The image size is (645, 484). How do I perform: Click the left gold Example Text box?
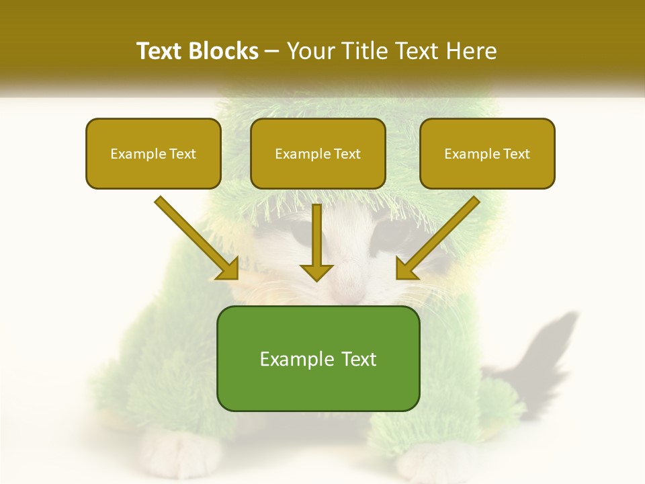point(153,153)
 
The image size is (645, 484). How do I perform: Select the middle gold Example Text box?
point(318,153)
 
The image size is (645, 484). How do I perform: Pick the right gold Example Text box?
point(487,153)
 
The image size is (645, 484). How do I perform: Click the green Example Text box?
point(318,359)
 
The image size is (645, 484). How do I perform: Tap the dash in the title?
point(272,52)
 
